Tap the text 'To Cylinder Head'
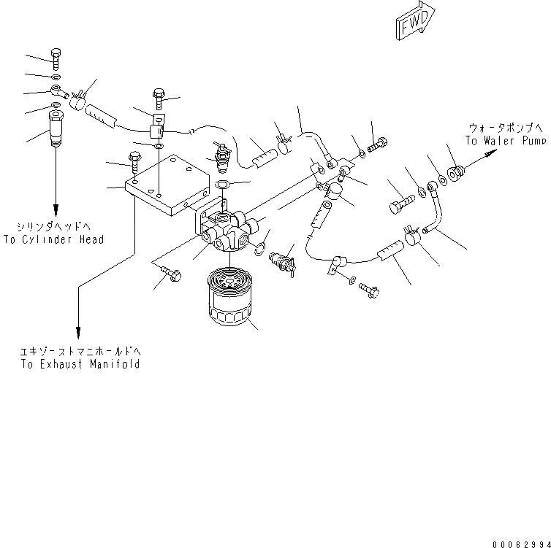tap(53, 239)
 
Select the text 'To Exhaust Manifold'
tap(80, 364)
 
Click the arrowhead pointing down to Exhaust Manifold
tap(78, 330)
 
